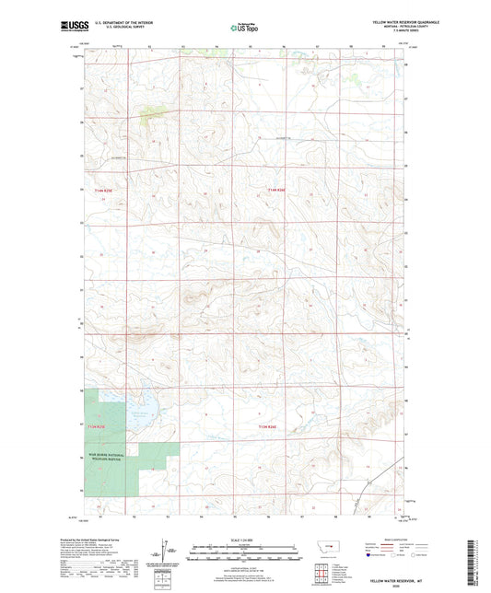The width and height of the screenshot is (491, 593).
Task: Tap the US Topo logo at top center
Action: coord(245,28)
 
